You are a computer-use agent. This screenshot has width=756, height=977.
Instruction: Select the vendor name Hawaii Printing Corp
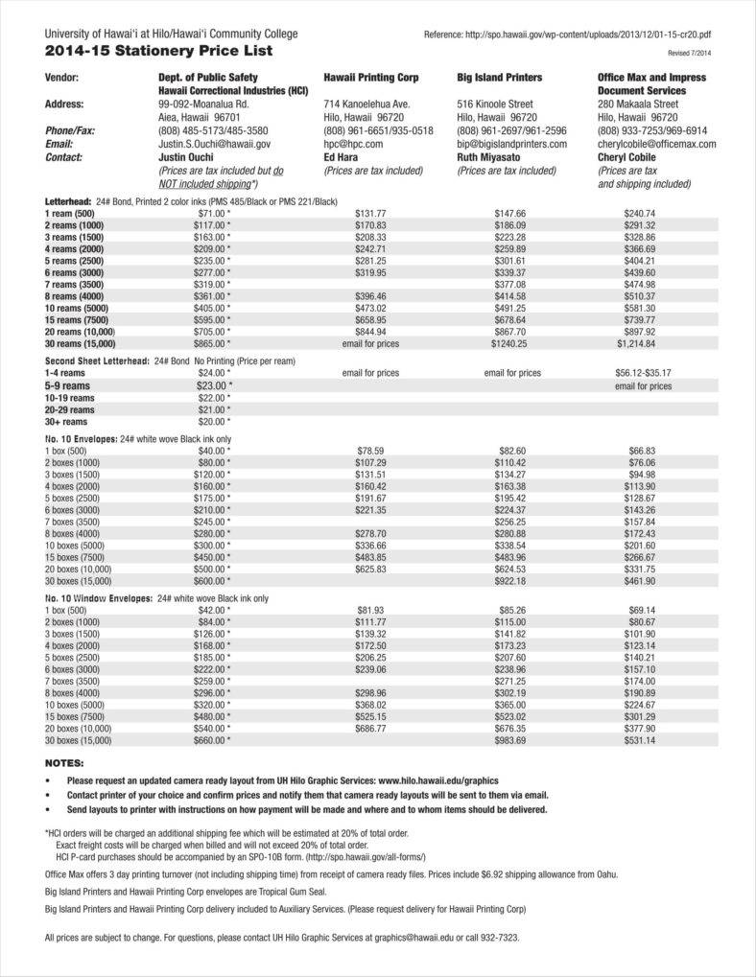(371, 77)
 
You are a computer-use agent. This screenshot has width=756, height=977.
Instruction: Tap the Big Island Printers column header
(499, 77)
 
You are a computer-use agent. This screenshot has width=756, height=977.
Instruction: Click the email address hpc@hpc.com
(353, 144)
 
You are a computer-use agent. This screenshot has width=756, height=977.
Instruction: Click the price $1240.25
(509, 342)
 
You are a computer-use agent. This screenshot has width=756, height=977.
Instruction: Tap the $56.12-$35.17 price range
(643, 372)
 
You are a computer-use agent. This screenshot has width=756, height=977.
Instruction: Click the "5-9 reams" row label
(68, 384)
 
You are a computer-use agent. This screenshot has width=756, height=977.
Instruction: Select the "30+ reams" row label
(66, 421)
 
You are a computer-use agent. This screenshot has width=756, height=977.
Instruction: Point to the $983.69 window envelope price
(509, 740)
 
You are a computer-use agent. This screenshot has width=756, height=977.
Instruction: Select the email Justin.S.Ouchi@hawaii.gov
(214, 144)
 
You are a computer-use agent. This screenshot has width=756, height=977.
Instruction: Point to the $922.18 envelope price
(509, 580)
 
